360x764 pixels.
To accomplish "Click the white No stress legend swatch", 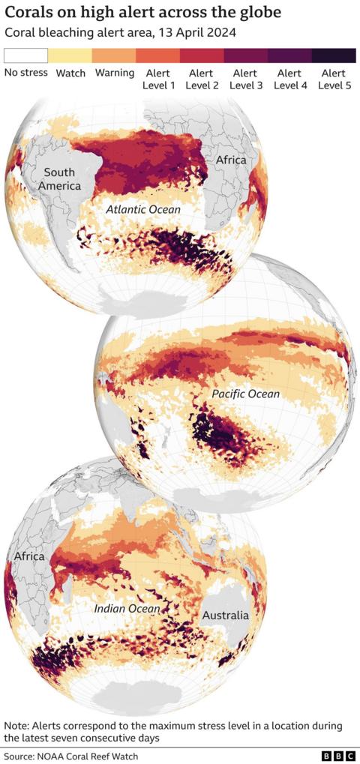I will point(25,55).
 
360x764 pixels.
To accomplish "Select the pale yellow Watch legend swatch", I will point(70,55).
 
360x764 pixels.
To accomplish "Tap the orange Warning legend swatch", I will point(114,55).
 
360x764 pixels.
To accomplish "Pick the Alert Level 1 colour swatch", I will point(157,55).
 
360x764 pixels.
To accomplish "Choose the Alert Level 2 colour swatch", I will point(202,55).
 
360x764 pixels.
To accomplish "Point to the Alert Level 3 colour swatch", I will point(246,55).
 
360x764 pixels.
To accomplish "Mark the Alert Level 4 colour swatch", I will point(289,55).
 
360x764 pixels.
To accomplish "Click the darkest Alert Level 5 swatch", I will point(334,55).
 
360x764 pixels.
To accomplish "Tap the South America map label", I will point(59,178).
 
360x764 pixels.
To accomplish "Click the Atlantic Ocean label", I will point(142,210).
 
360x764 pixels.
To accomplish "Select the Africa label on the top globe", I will point(230,160).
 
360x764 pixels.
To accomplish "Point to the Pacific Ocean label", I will point(245,394).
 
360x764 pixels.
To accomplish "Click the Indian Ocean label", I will point(127,609).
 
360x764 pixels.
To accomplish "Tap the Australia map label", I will point(225,616).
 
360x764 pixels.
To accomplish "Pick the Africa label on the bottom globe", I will point(29,557).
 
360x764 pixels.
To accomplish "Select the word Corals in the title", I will point(27,13).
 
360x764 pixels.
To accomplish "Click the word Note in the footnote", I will point(16,726).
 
